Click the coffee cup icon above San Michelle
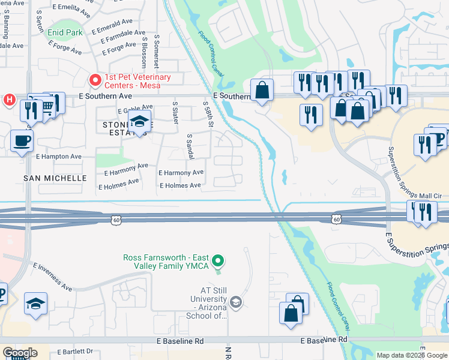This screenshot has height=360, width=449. tap(22, 142)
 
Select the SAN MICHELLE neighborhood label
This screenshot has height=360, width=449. tap(55, 178)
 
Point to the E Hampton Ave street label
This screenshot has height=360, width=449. tap(58, 157)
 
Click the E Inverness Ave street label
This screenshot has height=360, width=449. tap(52, 277)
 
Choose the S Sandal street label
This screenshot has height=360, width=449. tap(190, 146)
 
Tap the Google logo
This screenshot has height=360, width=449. tap(19, 353)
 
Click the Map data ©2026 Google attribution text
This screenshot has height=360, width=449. tap(411, 355)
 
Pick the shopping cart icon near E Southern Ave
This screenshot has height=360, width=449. tap(48, 107)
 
